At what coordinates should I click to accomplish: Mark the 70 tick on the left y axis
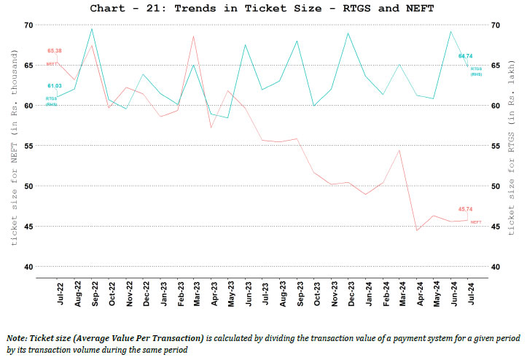pos(28,25)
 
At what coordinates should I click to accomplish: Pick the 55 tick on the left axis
pos(28,146)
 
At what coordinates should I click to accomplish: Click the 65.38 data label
pos(55,51)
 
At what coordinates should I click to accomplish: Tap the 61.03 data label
pos(53,86)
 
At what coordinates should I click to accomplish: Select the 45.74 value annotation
pos(467,209)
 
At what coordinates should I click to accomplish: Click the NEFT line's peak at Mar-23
pos(193,36)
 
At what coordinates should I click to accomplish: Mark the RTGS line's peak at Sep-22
pos(91,28)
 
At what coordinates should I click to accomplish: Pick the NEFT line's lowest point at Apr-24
pos(417,230)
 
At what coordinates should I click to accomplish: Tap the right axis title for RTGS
pos(512,146)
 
